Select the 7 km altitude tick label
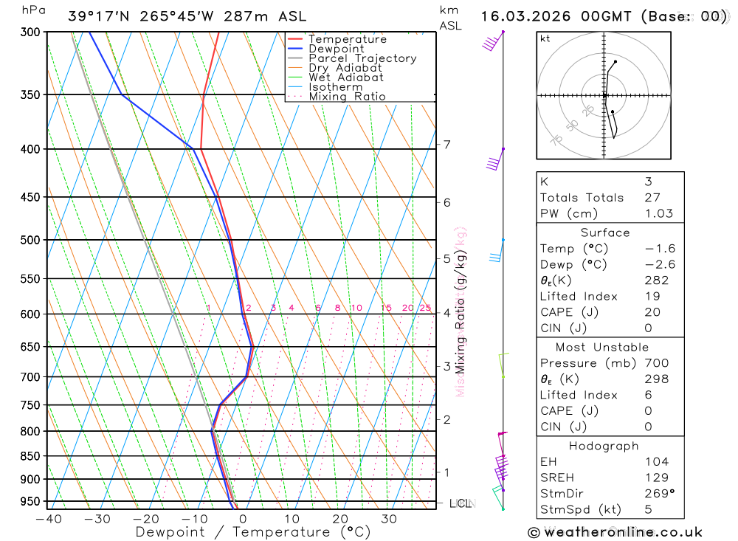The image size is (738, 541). (447, 145)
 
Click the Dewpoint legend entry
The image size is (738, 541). (337, 49)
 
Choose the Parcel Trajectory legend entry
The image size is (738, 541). (362, 58)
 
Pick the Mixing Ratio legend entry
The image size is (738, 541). (347, 97)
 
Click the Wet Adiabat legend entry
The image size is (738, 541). (346, 77)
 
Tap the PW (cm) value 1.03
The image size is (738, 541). (659, 214)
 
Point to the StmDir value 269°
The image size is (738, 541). (656, 494)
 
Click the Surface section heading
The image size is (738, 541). (605, 233)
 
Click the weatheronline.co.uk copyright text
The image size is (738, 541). (615, 532)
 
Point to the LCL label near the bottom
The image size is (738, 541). (461, 503)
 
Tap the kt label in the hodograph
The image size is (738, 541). (545, 38)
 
